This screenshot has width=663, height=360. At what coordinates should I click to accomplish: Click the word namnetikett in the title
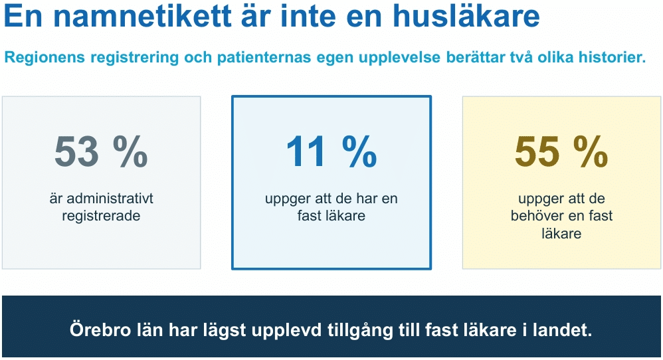click(x=142, y=17)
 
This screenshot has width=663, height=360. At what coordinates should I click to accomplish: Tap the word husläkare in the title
click(x=466, y=16)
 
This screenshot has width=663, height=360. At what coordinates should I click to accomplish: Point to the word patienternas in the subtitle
click(x=264, y=57)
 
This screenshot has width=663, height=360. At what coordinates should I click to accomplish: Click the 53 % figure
click(x=101, y=151)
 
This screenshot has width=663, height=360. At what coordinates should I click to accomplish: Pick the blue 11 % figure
click(x=331, y=151)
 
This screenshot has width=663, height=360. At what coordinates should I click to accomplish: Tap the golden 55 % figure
click(x=561, y=151)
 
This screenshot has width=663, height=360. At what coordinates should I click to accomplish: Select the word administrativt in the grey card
click(x=110, y=198)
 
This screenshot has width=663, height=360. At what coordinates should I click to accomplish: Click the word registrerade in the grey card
click(x=101, y=216)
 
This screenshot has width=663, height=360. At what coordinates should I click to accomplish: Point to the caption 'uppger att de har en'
click(x=331, y=199)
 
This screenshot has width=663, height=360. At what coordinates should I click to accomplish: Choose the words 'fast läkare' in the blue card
click(x=331, y=215)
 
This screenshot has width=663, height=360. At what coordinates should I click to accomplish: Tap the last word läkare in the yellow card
click(x=561, y=233)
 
